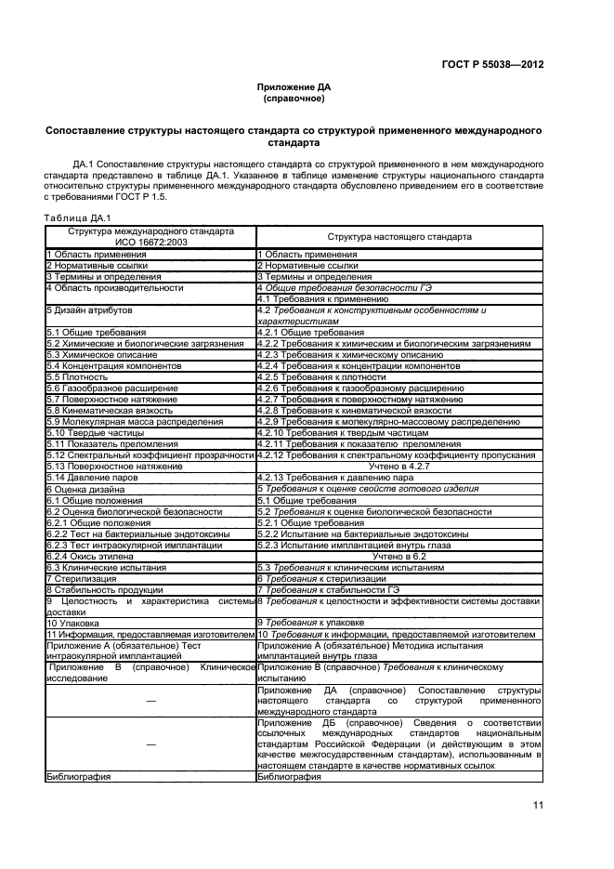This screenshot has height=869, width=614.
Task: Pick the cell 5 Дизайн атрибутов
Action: (x=91, y=309)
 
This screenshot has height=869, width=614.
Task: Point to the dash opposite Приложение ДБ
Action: (x=150, y=744)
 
